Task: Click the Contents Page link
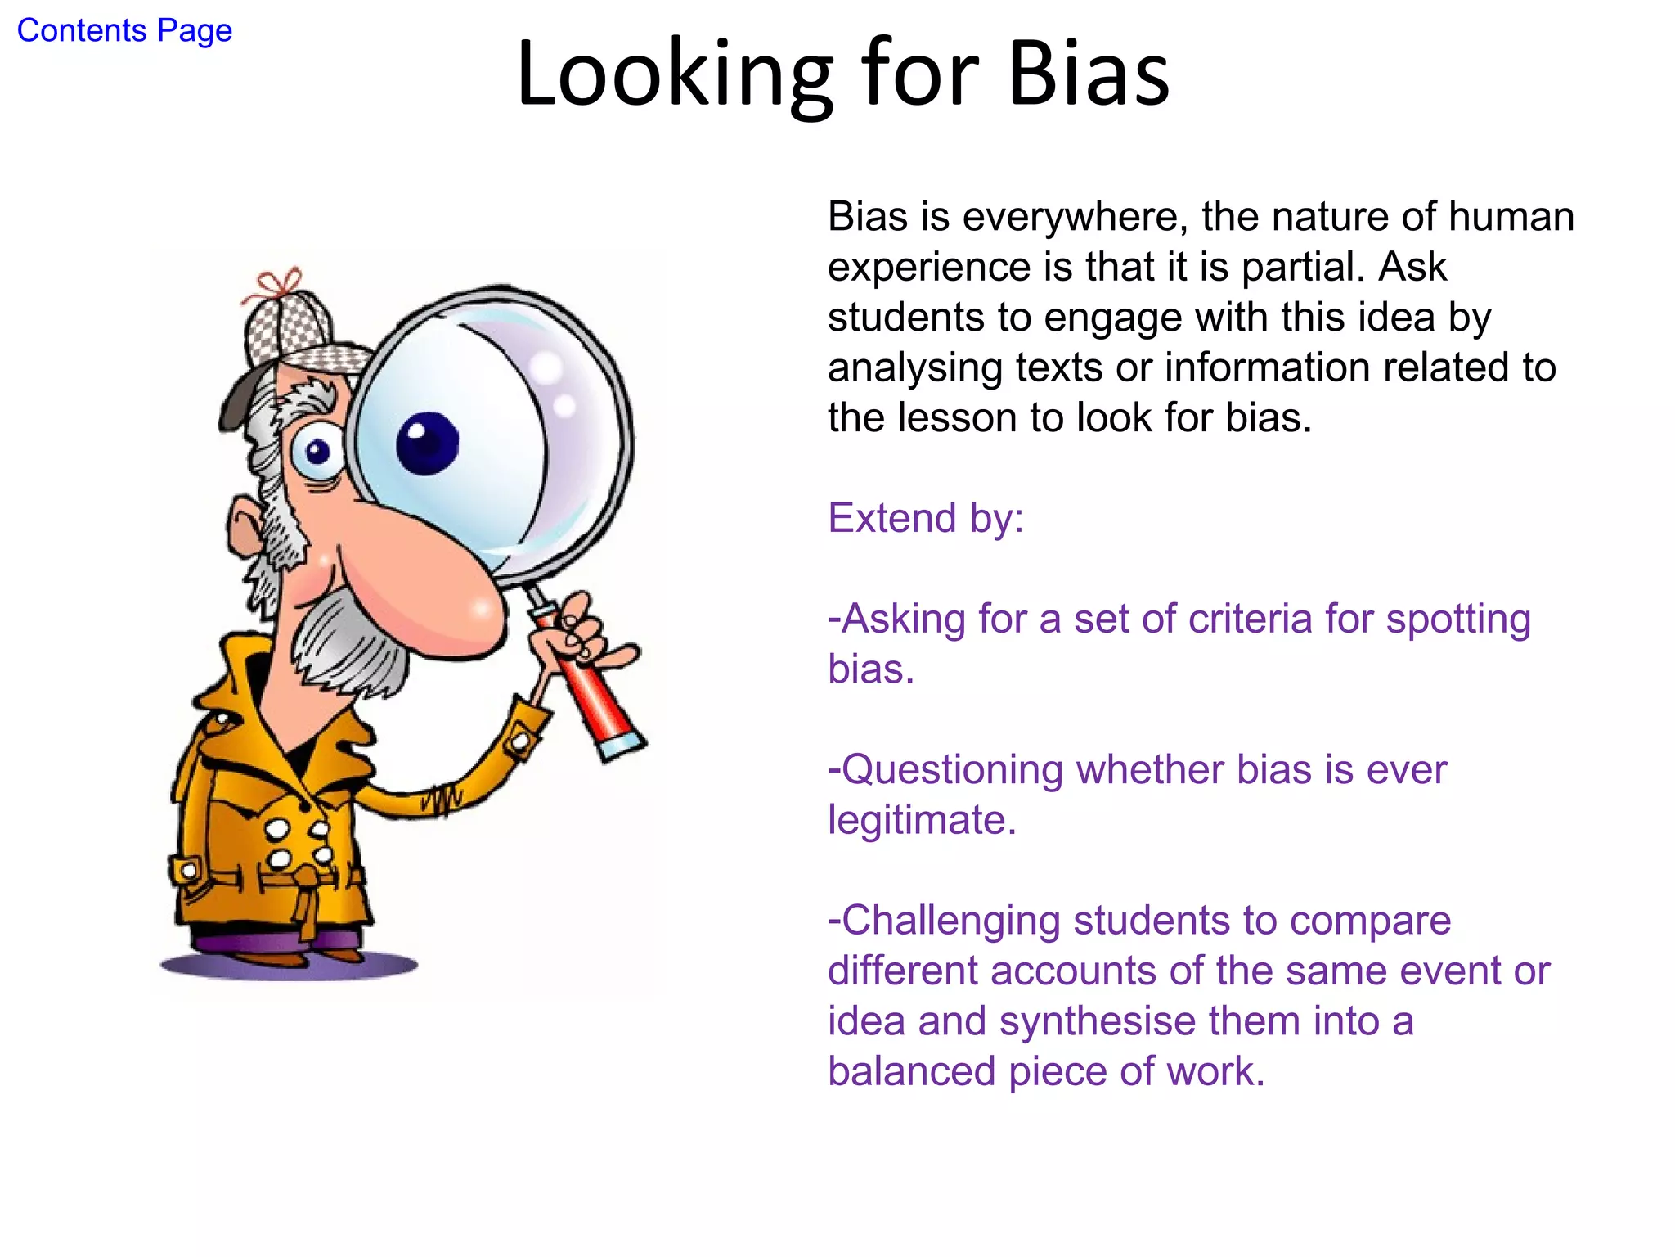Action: coord(124,31)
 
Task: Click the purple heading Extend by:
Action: coord(926,519)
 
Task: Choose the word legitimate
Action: coord(922,821)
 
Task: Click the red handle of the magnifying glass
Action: coord(597,696)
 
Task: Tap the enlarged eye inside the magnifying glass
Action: coord(428,443)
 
